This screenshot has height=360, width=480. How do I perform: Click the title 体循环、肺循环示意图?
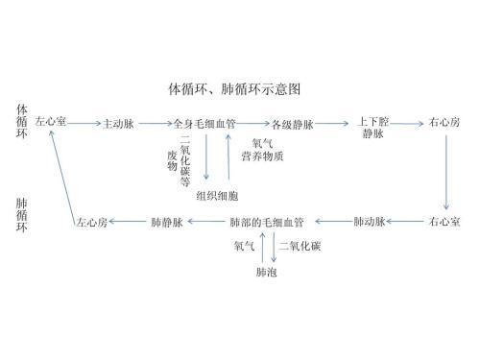pyautogui.click(x=234, y=89)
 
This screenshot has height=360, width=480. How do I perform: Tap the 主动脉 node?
pyautogui.click(x=118, y=124)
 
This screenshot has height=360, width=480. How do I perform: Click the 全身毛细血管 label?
pyautogui.click(x=204, y=124)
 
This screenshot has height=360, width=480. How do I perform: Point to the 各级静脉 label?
pyautogui.click(x=292, y=124)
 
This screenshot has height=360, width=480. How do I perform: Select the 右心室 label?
pyautogui.click(x=444, y=223)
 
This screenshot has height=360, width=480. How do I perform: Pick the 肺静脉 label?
pyautogui.click(x=166, y=223)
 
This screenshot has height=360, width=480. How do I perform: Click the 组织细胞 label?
pyautogui.click(x=217, y=196)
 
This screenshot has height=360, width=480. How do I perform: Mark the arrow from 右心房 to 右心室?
pyautogui.click(x=447, y=173)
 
